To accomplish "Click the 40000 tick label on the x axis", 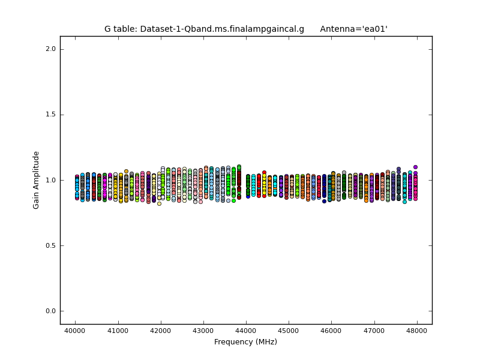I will [x=75, y=331].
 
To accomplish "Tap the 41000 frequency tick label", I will [x=118, y=331].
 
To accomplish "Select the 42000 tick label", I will [x=160, y=331].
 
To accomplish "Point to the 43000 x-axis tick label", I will [x=203, y=331].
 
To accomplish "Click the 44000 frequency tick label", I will [x=246, y=331].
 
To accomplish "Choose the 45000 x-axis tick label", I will [x=289, y=331].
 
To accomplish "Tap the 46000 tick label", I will [x=332, y=331].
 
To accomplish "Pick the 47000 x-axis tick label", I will [x=374, y=331].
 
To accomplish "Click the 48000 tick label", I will [x=417, y=331].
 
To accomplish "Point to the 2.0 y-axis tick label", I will [x=50, y=49].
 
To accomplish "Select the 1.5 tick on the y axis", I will [x=50, y=115].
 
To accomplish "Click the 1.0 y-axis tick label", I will [x=50, y=180].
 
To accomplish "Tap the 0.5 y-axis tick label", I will [x=50, y=245].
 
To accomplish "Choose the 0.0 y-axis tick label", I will [x=50, y=311].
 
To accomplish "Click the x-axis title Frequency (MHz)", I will [x=246, y=342].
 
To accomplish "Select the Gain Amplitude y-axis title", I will [x=36, y=180].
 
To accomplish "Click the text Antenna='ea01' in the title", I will [x=353, y=29].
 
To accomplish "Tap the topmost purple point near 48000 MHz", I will [x=415, y=167].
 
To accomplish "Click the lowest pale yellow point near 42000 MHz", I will [x=159, y=203].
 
